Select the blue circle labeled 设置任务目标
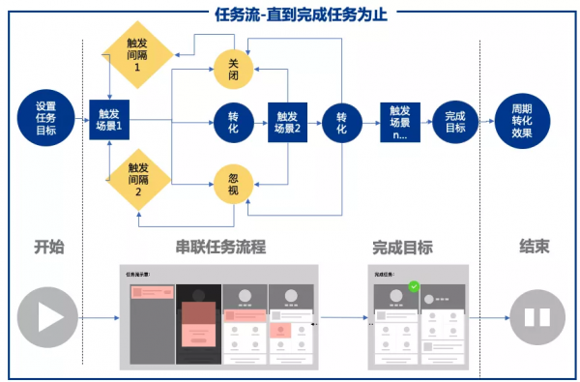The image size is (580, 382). click(45, 119)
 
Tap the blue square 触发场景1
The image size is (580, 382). click(109, 119)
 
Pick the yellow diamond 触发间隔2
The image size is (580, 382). click(137, 180)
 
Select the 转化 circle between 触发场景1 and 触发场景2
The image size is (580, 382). click(232, 120)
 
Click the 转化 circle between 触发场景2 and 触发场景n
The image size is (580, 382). click(341, 120)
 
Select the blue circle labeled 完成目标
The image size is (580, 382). click(455, 121)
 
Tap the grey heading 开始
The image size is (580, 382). click(48, 247)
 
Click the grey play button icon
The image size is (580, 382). click(47, 317)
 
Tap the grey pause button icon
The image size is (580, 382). click(537, 317)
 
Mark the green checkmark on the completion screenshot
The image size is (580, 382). click(413, 286)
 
